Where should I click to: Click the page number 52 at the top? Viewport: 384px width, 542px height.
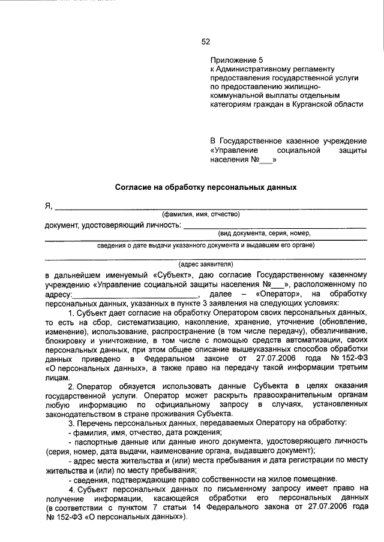coord(206,41)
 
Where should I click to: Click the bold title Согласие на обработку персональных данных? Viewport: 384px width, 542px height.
coord(206,187)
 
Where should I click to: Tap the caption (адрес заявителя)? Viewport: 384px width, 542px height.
coord(206,264)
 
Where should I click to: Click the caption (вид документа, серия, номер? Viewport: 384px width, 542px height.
coord(264,233)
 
